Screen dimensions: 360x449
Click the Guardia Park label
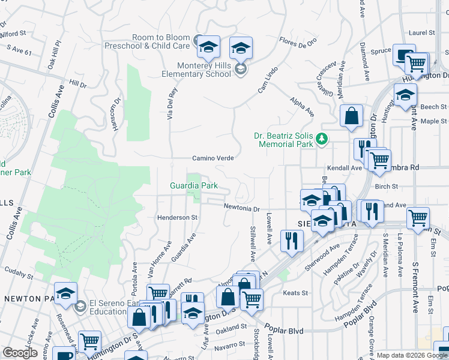point(193,186)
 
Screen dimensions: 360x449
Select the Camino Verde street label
point(212,158)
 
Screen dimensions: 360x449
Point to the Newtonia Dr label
point(241,209)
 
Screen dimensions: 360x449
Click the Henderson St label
point(177,217)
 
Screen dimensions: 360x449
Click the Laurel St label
point(423,32)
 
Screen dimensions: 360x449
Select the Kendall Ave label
point(344,168)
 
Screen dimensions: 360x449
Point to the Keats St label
point(295,293)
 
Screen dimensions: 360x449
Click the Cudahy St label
point(18,274)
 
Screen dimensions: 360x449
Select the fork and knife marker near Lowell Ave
point(292,241)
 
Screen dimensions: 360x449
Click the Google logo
point(20,353)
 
